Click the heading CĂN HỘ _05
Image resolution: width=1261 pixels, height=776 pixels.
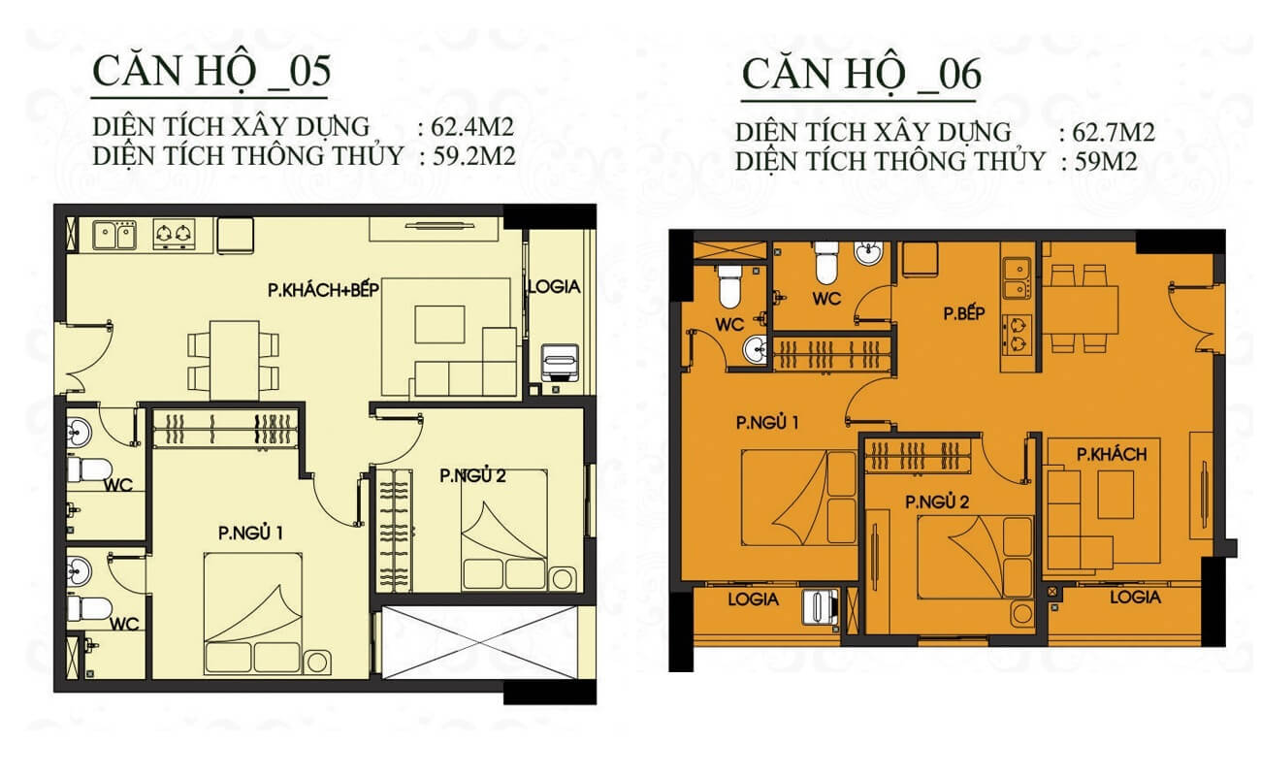point(211,72)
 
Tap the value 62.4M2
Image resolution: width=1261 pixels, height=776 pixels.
point(472,127)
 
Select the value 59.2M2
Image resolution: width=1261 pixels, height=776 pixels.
point(473,156)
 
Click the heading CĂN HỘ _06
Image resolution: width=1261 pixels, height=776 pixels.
point(862,76)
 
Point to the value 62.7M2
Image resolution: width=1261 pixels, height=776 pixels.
point(1114,132)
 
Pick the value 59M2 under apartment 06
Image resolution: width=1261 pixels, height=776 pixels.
point(1106,162)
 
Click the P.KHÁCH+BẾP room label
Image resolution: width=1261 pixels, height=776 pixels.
point(323,290)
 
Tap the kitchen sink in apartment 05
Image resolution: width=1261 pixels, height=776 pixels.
point(114,235)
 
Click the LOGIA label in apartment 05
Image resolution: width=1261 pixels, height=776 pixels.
point(555,287)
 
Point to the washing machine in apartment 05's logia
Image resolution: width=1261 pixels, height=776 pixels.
point(560,362)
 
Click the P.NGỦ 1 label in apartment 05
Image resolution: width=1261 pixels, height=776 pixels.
point(250,533)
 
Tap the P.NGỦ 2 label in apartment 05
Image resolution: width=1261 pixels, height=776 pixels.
point(472,476)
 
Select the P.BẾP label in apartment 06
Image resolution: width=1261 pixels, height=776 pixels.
point(964,313)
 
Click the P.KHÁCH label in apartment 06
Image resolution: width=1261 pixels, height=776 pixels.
point(1112,454)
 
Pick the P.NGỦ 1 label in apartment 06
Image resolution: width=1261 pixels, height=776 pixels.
point(767,422)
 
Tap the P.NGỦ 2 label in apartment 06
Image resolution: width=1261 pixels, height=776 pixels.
point(937,501)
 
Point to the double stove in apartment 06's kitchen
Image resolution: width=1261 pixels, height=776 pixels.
point(1017,336)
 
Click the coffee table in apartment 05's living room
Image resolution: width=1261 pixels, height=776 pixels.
point(439,324)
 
